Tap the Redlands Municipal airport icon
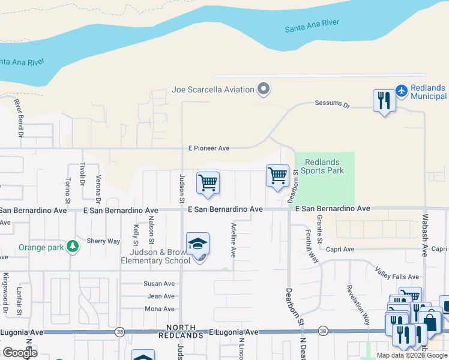pyautogui.click(x=401, y=91)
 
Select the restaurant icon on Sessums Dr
pyautogui.click(x=384, y=100)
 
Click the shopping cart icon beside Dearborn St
pyautogui.click(x=277, y=176)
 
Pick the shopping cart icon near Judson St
pyautogui.click(x=208, y=183)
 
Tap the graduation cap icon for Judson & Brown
pyautogui.click(x=197, y=244)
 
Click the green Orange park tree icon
pyautogui.click(x=73, y=247)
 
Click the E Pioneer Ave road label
pyautogui.click(x=209, y=148)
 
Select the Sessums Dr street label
pyautogui.click(x=332, y=103)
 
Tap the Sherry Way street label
pyautogui.click(x=103, y=241)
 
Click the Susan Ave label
pyautogui.click(x=159, y=283)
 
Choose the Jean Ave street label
pyautogui.click(x=161, y=296)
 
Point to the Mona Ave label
pyautogui.click(x=160, y=309)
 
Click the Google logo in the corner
pyautogui.click(x=20, y=353)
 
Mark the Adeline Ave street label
pyautogui.click(x=233, y=241)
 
